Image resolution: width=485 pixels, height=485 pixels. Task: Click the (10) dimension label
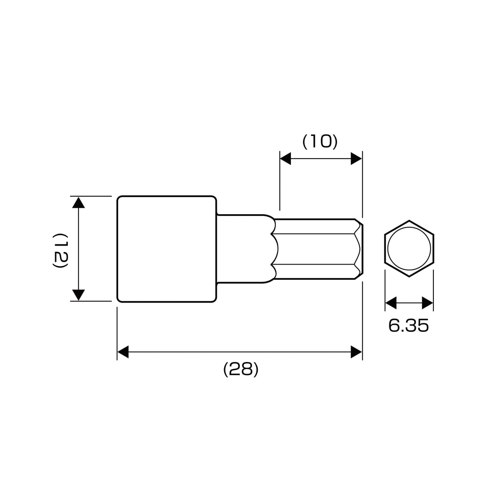coord(320,141)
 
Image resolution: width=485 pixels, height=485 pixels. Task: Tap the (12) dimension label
coord(60,251)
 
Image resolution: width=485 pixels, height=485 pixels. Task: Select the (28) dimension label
coord(241,369)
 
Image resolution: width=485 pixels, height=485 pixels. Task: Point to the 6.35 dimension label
coord(409,326)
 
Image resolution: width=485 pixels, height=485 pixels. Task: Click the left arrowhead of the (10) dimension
coord(285,159)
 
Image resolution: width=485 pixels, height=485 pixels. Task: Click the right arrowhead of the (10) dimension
coord(356,159)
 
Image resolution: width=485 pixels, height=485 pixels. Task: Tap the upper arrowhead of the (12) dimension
coord(79,202)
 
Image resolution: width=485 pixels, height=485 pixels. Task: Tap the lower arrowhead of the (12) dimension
coord(79,295)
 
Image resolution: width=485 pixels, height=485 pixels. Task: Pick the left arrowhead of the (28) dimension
coord(123,352)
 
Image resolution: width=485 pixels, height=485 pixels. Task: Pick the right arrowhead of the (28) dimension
coord(356,352)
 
